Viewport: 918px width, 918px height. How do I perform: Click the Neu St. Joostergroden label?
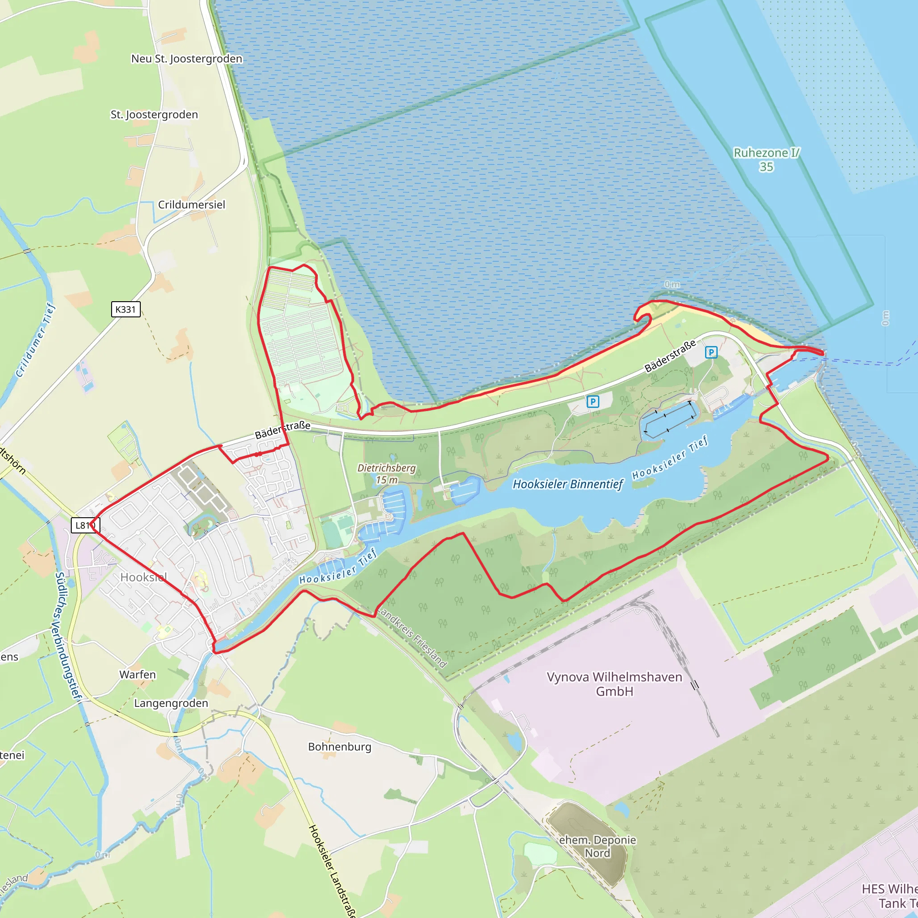tap(187, 59)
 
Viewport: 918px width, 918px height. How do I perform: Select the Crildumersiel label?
tap(191, 205)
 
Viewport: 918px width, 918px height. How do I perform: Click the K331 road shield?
tap(126, 309)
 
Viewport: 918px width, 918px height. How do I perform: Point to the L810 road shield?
tap(85, 525)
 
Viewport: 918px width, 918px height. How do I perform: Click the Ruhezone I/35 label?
tap(766, 160)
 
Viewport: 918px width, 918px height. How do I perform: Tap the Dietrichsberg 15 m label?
tap(386, 474)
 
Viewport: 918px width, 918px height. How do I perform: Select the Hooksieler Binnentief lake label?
tap(567, 484)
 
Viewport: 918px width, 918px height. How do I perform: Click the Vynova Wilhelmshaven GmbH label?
tap(615, 684)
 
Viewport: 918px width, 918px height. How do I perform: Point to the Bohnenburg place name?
tap(340, 746)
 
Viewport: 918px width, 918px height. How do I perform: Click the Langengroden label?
tap(171, 703)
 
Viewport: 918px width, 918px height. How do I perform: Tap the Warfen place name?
tap(137, 675)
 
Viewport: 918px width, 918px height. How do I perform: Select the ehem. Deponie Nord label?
tap(597, 846)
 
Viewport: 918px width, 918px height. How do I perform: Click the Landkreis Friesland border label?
tap(413, 638)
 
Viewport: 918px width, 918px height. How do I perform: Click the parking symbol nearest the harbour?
tap(711, 352)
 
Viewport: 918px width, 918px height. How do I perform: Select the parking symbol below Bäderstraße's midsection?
tap(593, 402)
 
